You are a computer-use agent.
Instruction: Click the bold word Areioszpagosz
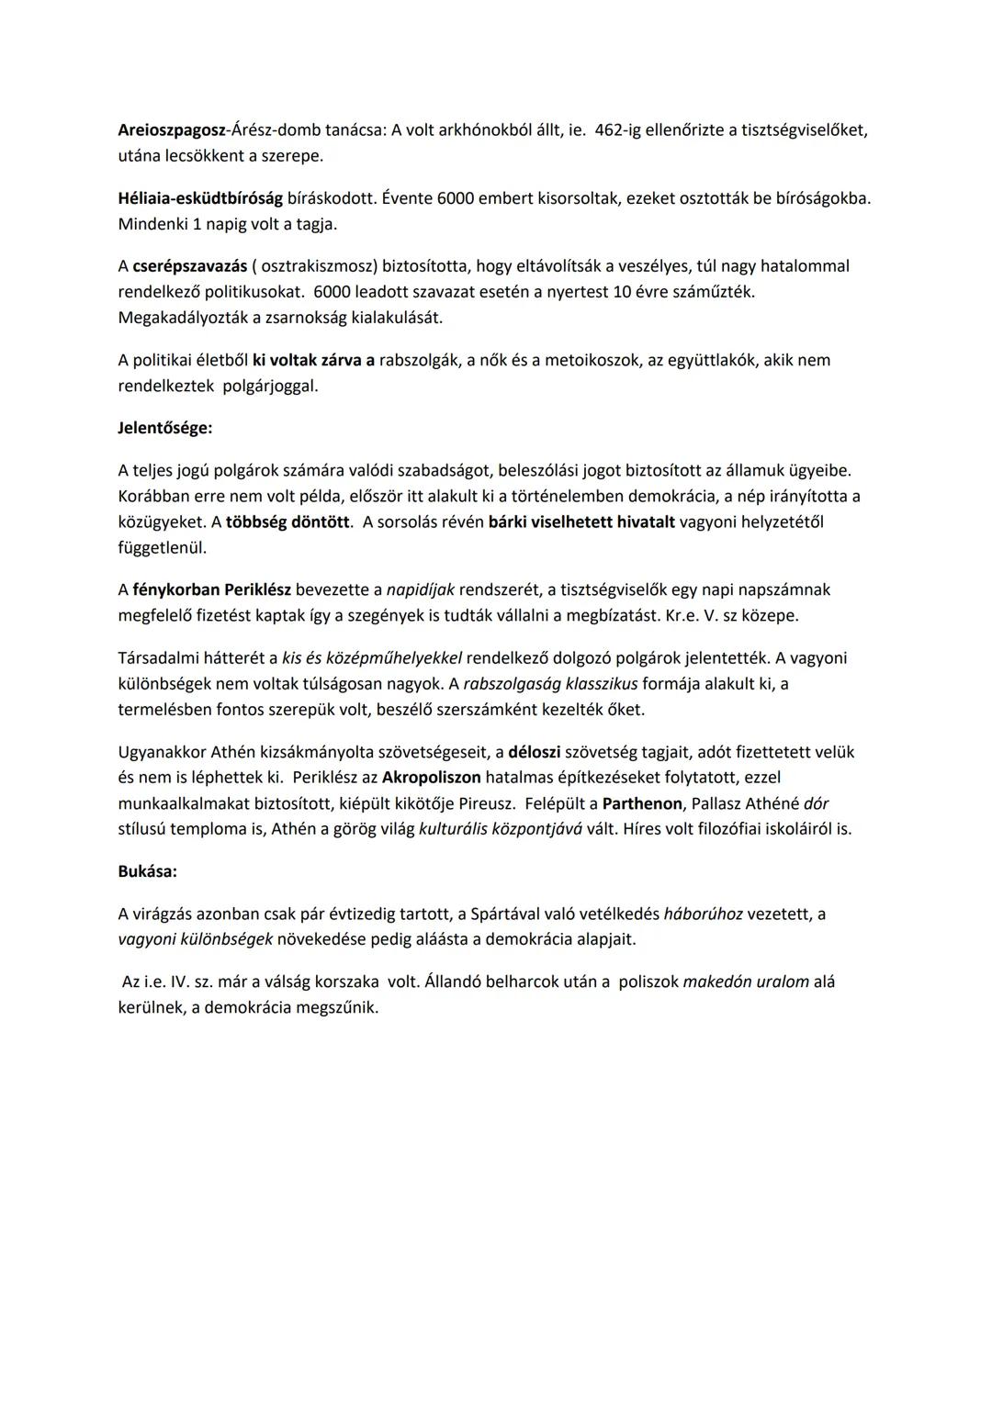172,130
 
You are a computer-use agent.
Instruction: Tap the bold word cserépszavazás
190,266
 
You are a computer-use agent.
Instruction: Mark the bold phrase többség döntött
288,522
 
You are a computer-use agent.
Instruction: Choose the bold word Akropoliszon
432,778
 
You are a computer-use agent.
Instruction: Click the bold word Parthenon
642,803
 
